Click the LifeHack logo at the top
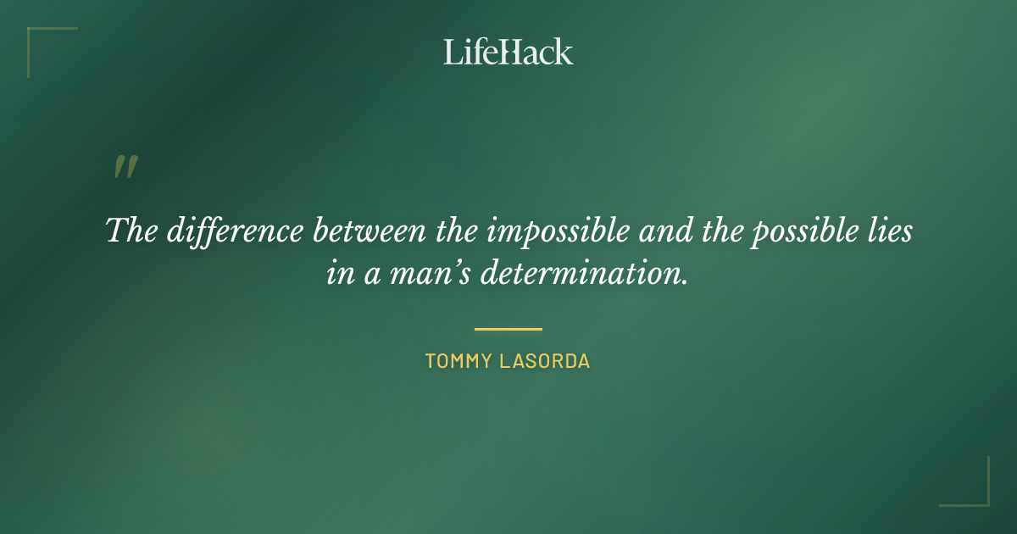click(508, 52)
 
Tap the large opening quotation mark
click(125, 167)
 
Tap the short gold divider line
click(508, 329)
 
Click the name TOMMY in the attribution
click(458, 361)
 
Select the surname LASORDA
click(545, 361)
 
